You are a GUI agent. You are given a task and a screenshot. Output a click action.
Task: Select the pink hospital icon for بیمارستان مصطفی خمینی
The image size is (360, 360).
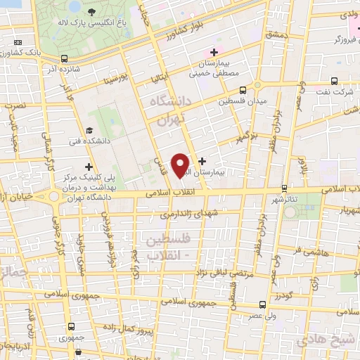click(x=214, y=53)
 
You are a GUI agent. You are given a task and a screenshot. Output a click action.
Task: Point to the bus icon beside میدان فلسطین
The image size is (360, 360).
click(x=243, y=90)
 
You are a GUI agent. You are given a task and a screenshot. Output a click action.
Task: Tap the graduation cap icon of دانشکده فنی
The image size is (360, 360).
click(x=89, y=130)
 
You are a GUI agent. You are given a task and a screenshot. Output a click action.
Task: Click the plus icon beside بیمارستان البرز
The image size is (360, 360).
click(x=202, y=161)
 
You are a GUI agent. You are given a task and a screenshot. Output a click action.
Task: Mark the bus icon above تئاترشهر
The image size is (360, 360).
click(x=284, y=188)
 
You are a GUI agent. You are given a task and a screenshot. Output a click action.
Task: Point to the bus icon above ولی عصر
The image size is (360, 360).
click(x=262, y=304)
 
